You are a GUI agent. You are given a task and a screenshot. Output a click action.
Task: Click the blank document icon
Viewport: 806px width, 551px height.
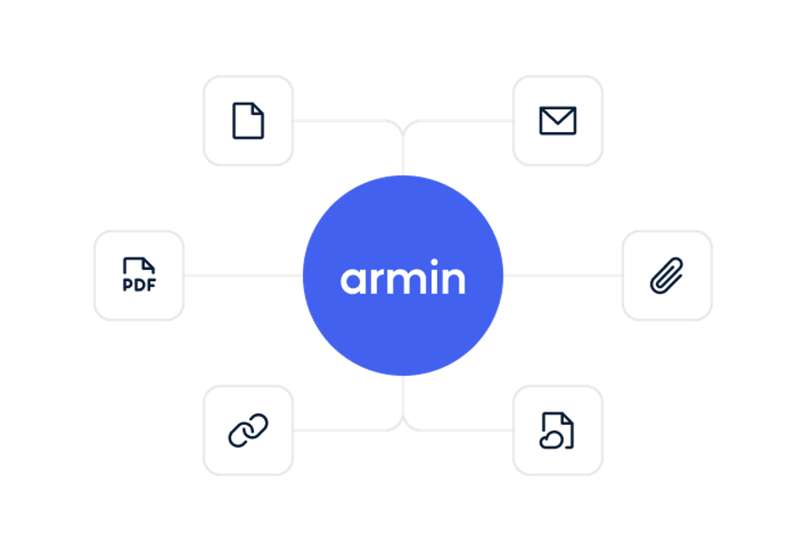tap(248, 121)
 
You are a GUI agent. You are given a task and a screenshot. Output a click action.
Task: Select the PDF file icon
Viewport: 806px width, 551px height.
tap(139, 275)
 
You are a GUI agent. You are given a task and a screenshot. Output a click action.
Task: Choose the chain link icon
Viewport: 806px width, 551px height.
tap(248, 430)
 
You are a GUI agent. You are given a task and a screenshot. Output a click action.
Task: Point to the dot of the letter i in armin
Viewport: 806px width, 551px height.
tap(434, 262)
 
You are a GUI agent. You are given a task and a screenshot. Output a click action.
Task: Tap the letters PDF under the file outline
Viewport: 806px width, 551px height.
tap(139, 285)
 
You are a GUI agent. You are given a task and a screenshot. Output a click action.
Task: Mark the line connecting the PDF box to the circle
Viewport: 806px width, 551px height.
tap(243, 276)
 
